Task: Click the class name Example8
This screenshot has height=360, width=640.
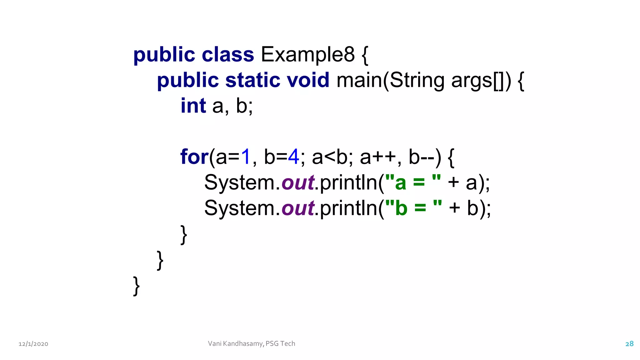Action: [307, 55]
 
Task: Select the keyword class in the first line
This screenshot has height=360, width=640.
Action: [228, 55]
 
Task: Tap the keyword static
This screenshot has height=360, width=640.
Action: [252, 80]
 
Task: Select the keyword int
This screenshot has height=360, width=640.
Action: [193, 106]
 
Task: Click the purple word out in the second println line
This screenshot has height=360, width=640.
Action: [298, 208]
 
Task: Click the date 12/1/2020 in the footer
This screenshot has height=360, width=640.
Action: [33, 344]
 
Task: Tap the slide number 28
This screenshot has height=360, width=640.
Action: [629, 344]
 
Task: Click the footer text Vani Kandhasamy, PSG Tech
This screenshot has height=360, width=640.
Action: [252, 344]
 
